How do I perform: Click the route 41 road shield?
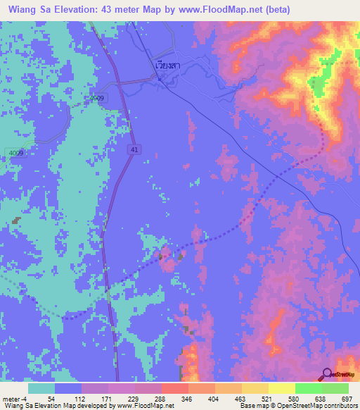click(134, 149)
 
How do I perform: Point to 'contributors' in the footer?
click(337, 406)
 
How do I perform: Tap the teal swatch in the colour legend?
click(41, 388)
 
